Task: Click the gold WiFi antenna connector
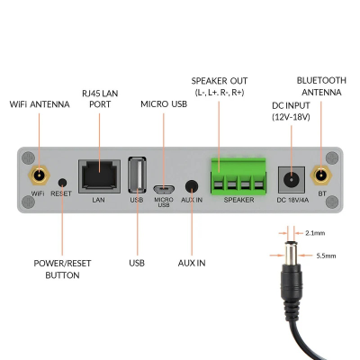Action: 38,176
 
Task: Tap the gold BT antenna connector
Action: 320,176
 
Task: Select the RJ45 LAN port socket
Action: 98,174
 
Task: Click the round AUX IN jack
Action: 191,185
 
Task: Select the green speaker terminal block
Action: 238,174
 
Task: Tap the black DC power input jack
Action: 289,177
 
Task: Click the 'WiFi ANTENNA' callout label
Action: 39,104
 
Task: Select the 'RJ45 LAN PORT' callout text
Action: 99,97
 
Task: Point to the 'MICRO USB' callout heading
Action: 162,104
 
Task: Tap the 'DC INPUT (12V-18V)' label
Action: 291,111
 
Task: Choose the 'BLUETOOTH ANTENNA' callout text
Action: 322,86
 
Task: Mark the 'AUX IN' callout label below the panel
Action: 191,264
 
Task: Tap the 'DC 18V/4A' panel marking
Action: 289,199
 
